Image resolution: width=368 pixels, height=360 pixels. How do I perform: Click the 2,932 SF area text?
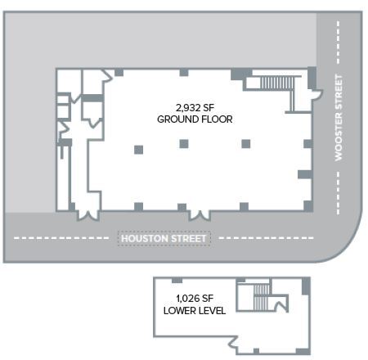point(195,107)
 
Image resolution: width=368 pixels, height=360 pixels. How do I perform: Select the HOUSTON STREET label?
point(164,239)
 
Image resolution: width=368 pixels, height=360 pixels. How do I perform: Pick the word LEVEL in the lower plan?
point(212,310)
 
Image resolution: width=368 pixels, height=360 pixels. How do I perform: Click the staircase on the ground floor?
point(275,83)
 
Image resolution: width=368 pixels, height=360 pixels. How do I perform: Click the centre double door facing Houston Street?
point(197,214)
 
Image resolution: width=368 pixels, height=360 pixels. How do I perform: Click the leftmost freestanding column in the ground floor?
point(138,149)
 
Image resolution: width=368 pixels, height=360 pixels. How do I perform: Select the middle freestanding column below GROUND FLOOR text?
point(184,144)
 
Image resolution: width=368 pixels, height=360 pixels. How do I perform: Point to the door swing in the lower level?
point(281,307)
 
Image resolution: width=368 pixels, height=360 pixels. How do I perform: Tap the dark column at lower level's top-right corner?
point(306,286)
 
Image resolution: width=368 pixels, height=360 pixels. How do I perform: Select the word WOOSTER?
point(337,97)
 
